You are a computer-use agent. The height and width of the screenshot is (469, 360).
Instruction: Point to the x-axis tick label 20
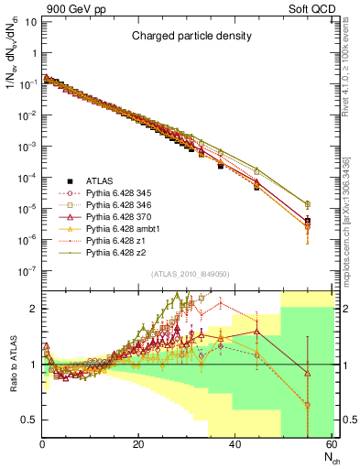coord(138,445)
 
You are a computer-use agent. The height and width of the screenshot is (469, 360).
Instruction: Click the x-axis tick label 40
coord(235,445)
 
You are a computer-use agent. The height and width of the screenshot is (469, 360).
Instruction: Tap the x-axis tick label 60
coord(331,445)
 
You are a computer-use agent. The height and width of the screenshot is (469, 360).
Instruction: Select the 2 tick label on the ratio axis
coord(34,309)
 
